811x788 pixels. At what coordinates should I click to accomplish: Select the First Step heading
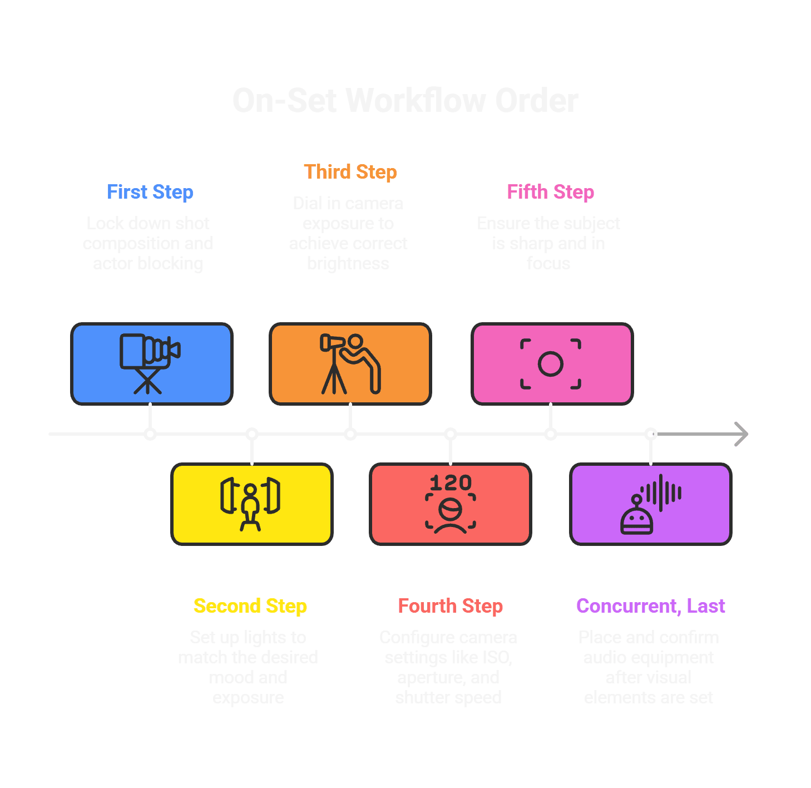coord(150,192)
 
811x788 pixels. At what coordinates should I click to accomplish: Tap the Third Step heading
coord(350,172)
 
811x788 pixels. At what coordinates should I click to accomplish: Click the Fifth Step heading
coord(550,192)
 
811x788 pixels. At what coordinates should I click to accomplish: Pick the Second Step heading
coord(250,606)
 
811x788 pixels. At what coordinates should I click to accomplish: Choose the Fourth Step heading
coord(450,606)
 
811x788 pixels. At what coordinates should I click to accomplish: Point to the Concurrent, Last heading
coord(650,606)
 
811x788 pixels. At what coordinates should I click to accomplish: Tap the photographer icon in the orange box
coord(350,363)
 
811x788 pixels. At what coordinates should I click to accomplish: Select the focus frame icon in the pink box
coord(551,364)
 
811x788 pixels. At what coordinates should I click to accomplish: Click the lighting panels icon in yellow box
coord(250,504)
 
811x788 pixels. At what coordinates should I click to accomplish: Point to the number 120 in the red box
coord(451,482)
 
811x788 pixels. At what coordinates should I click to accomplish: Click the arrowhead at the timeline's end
coord(742,434)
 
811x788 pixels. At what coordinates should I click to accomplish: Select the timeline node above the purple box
coord(651,434)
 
